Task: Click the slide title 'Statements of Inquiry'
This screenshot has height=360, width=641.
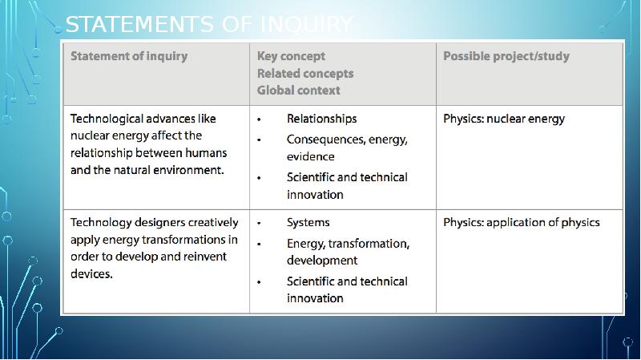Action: [208, 25]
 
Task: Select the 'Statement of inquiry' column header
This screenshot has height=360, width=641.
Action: [129, 56]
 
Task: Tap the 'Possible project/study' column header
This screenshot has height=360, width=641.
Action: [506, 56]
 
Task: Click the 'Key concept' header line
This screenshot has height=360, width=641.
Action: [291, 56]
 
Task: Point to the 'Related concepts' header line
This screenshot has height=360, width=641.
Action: [304, 73]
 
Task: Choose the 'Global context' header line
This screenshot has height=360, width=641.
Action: [298, 90]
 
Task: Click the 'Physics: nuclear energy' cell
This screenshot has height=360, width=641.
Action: [503, 119]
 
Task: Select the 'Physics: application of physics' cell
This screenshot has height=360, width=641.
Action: [521, 222]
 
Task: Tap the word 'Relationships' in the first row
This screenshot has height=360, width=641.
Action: [321, 119]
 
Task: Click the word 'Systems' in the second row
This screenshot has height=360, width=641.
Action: [308, 222]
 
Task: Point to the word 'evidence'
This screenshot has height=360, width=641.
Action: [310, 156]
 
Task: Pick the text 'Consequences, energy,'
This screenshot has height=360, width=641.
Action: [347, 139]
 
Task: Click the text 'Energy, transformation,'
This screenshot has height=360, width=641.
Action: [348, 243]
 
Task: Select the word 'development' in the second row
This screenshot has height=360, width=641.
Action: [322, 261]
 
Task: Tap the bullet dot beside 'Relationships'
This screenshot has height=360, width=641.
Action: [259, 119]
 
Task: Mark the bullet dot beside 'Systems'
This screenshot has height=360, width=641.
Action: [259, 223]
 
